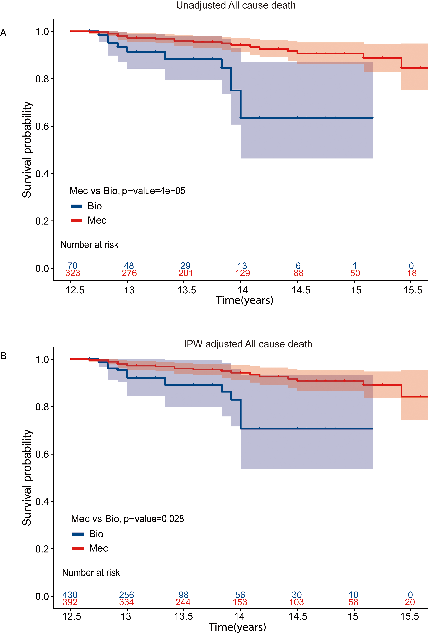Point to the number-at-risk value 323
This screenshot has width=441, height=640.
click(73, 273)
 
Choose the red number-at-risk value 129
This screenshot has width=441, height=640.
click(242, 273)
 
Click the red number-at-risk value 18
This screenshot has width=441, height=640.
click(412, 273)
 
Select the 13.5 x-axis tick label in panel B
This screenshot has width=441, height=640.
click(183, 617)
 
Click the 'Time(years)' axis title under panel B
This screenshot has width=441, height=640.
click(237, 627)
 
